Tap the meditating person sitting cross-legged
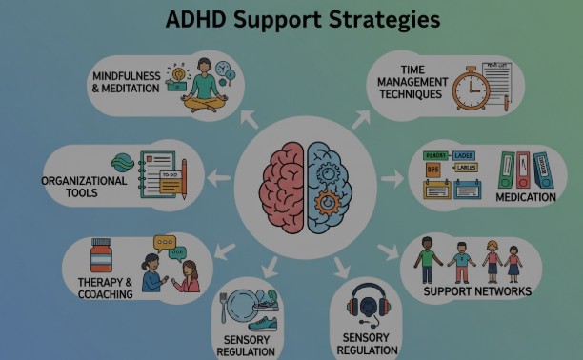point(203,86)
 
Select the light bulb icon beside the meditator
point(177,73)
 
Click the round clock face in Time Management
point(470,89)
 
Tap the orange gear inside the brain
point(326,202)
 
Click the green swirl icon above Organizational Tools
point(123,162)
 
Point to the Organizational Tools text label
point(84,187)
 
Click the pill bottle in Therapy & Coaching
point(101,257)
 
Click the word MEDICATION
point(525,197)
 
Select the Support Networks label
point(476,290)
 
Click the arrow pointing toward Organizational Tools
point(218,176)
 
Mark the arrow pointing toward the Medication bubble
point(392,178)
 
